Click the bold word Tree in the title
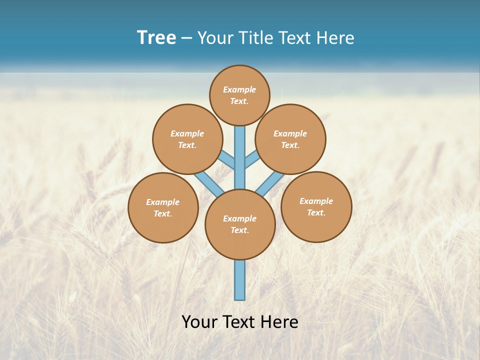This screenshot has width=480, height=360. click(x=156, y=38)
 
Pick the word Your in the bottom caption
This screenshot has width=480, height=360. click(x=199, y=321)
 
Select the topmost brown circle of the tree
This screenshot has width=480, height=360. click(x=239, y=95)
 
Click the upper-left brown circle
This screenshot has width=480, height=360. click(x=187, y=139)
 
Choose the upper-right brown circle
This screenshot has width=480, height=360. click(x=290, y=139)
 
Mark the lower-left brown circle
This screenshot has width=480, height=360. click(x=163, y=207)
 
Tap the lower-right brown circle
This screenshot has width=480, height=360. click(x=316, y=206)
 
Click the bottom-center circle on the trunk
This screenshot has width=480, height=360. click(x=240, y=224)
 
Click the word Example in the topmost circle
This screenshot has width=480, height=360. click(x=239, y=89)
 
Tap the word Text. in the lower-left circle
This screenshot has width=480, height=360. click(x=163, y=213)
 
